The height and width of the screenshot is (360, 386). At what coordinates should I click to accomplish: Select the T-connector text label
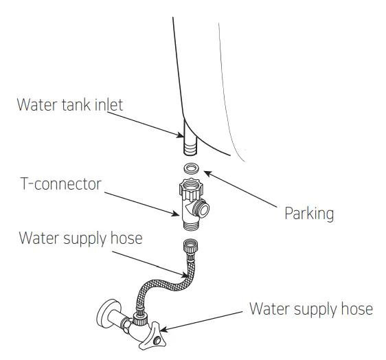coord(60,184)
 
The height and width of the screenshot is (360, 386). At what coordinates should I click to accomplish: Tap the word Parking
coord(308,213)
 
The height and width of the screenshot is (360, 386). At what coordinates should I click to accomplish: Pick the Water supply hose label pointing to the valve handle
coord(310,308)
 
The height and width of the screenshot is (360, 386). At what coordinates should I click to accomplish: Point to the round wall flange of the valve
coord(106,315)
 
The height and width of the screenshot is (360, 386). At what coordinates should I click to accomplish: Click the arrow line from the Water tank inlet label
coord(147,124)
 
